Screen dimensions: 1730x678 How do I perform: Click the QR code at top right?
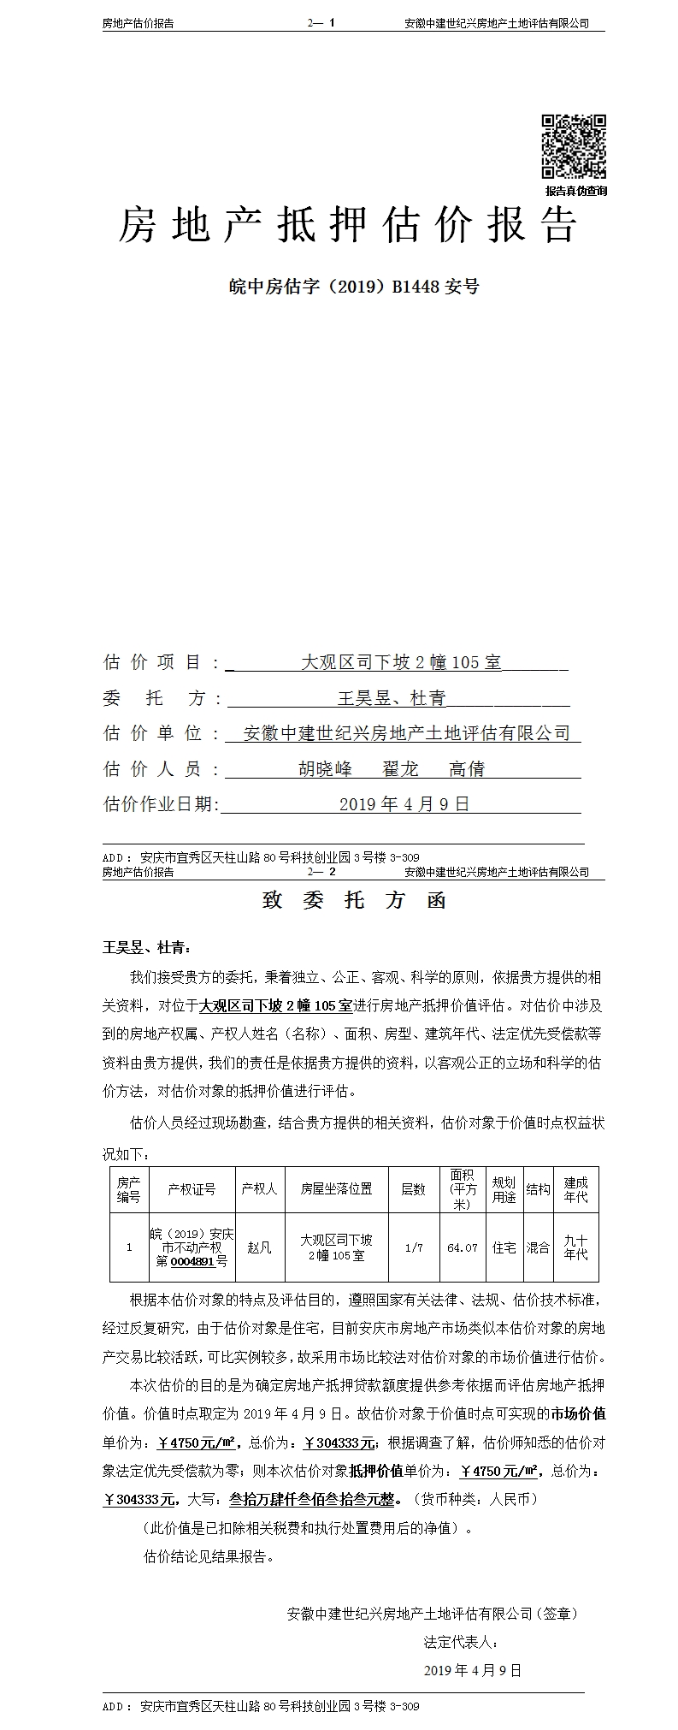pyautogui.click(x=574, y=146)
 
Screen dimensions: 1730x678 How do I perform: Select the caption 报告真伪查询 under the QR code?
pyautogui.click(x=576, y=191)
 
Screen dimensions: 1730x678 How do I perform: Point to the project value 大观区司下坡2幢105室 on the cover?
pyautogui.click(x=402, y=662)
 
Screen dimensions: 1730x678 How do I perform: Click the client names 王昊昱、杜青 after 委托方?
pyautogui.click(x=392, y=698)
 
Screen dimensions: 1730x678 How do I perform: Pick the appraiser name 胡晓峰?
pyautogui.click(x=325, y=769)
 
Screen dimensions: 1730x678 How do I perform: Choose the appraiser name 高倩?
pyautogui.click(x=467, y=769)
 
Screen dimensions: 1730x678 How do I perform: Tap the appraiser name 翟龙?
pyautogui.click(x=400, y=769)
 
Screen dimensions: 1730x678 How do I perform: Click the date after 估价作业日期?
pyautogui.click(x=404, y=804)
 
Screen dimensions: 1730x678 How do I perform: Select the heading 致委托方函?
pyautogui.click(x=354, y=901)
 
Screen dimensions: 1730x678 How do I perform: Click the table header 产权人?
pyautogui.click(x=258, y=1189)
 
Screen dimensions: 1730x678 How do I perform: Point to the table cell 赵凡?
pyautogui.click(x=258, y=1247)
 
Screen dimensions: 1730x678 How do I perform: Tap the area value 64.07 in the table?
pyautogui.click(x=463, y=1248)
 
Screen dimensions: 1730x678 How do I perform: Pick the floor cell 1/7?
pyautogui.click(x=413, y=1248)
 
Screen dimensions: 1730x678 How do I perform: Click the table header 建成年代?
pyautogui.click(x=575, y=1189)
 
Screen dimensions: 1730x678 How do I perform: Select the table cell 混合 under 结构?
pyautogui.click(x=538, y=1247)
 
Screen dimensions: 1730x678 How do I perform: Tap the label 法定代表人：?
pyautogui.click(x=461, y=1642)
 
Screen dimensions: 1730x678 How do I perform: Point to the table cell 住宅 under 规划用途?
pyautogui.click(x=504, y=1247)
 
